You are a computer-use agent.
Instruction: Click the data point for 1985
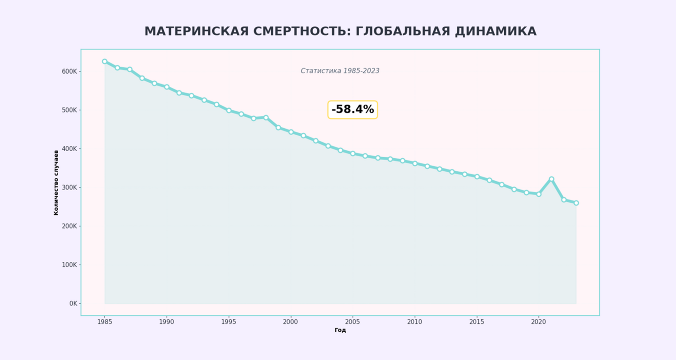pos(105,61)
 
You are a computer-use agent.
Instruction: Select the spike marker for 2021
pos(551,179)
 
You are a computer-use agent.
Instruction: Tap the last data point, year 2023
pos(576,203)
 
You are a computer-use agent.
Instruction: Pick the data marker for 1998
pos(266,118)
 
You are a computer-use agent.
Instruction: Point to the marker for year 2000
pos(291,132)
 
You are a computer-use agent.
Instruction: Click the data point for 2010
pos(415,164)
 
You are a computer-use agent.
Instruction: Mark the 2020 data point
pos(539,194)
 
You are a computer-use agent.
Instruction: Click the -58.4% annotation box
pos(353,110)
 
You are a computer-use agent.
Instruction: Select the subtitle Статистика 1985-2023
pos(340,71)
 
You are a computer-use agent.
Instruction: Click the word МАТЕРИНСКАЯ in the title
pos(197,31)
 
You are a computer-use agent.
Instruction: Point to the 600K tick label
pos(69,71)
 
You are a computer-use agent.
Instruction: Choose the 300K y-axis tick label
pos(69,188)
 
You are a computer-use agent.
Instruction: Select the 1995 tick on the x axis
pos(229,322)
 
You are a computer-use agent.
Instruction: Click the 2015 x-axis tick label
pos(477,322)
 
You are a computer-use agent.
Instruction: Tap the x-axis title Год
pos(340,330)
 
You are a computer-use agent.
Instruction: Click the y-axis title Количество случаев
pos(56,183)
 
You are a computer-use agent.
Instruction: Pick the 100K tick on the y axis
pos(69,265)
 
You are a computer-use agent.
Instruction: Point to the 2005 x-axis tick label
pos(353,322)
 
